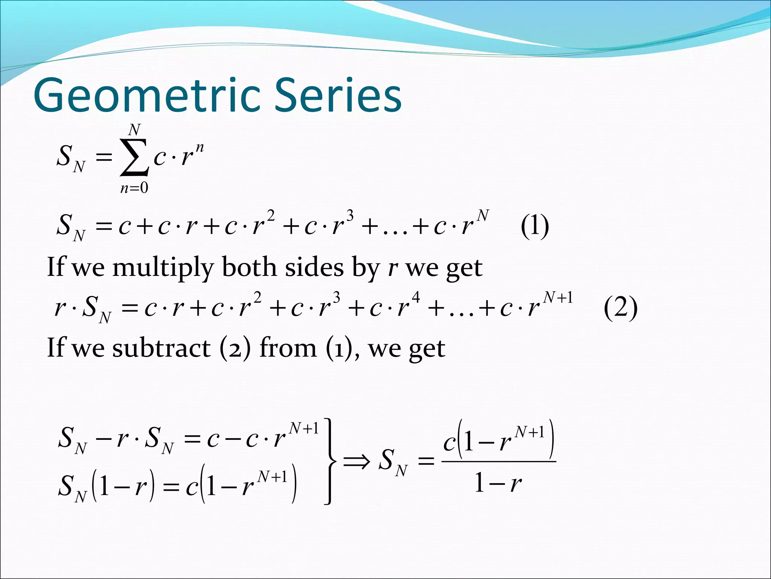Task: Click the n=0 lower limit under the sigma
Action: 134,188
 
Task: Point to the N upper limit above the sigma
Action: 134,130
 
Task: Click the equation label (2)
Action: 620,308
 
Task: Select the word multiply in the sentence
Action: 163,268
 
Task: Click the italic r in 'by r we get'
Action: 393,268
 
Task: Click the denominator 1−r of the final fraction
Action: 498,483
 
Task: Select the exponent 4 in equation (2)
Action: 416,297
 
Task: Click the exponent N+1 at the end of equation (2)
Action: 558,297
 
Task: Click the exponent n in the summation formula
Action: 200,147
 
